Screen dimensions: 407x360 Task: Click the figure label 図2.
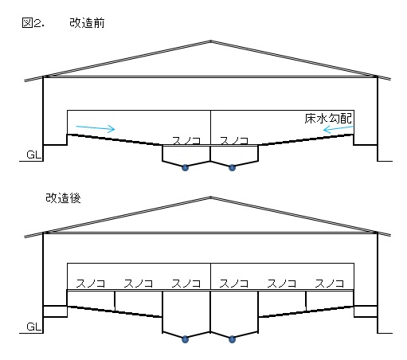point(33,23)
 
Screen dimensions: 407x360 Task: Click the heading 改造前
point(87,23)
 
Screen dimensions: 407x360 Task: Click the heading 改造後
point(63,198)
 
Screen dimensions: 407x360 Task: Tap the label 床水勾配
point(328,119)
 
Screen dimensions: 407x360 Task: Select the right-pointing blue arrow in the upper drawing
point(96,128)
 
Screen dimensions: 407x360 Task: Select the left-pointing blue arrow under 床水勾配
point(339,129)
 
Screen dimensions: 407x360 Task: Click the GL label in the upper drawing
point(34,155)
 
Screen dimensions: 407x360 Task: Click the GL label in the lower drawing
point(34,327)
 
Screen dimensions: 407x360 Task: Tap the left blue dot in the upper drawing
point(185,168)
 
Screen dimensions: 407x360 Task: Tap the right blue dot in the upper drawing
point(232,168)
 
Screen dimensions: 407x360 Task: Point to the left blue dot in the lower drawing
point(185,339)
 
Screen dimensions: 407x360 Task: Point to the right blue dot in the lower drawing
point(232,339)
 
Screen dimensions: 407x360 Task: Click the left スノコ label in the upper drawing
point(186,140)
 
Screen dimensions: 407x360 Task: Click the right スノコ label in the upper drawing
point(234,140)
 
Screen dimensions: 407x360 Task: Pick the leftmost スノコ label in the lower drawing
point(91,284)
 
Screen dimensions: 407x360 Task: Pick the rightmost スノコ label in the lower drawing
point(330,284)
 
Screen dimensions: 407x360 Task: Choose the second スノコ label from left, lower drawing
point(139,284)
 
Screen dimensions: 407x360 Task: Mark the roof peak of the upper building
point(210,41)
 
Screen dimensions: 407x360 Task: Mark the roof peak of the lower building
point(210,197)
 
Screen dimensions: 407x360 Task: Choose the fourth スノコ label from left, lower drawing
point(234,284)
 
